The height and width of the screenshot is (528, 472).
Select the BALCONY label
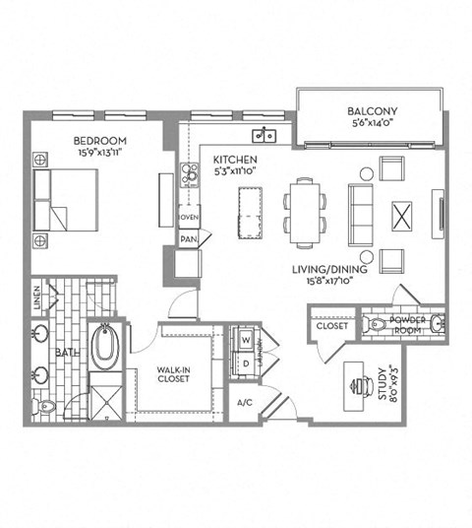coord(370,111)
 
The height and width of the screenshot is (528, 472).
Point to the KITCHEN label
coord(237,159)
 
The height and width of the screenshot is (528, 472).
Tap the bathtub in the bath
coord(103,347)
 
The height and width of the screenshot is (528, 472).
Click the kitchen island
coord(245,209)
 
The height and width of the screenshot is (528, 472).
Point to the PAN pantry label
coord(188,238)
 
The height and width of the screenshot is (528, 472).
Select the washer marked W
coord(246,341)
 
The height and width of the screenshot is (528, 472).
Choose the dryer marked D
coord(246,363)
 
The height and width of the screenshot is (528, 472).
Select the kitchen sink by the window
coord(264,136)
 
